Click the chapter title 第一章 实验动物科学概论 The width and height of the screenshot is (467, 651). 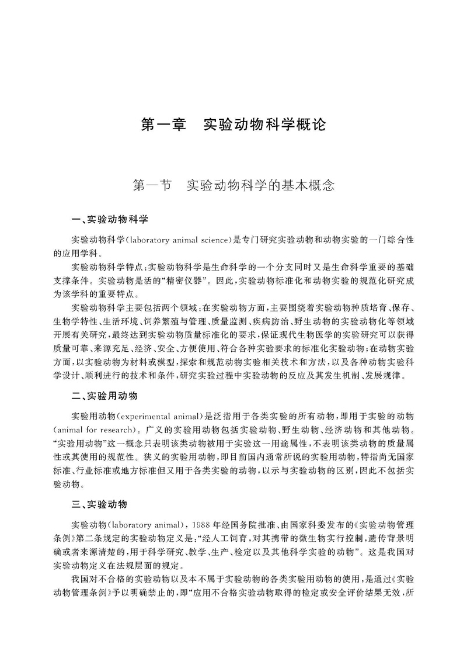click(x=233, y=125)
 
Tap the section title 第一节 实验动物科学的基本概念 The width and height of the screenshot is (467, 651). click(x=233, y=186)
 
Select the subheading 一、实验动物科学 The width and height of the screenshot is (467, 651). click(x=109, y=220)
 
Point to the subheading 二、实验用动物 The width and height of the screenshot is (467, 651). click(x=104, y=396)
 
